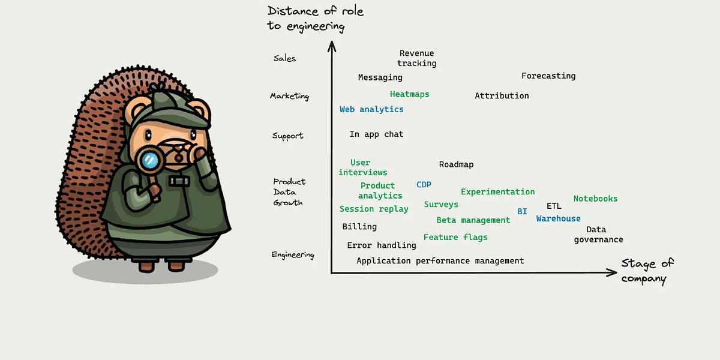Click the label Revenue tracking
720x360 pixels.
click(416, 58)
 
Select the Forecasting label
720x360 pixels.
click(548, 76)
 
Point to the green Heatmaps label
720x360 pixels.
click(409, 94)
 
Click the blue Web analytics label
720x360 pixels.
click(371, 109)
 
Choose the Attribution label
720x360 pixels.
click(502, 95)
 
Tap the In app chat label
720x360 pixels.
click(376, 134)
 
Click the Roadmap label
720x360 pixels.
click(456, 164)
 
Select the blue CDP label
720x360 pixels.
click(424, 185)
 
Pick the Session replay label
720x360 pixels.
click(374, 209)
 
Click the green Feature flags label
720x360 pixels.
click(455, 237)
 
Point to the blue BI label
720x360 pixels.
click(522, 212)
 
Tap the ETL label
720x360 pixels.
click(554, 206)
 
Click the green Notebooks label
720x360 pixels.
click(595, 199)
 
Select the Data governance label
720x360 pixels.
click(598, 235)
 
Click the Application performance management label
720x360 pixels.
click(440, 261)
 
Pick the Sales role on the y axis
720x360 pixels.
click(284, 58)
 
